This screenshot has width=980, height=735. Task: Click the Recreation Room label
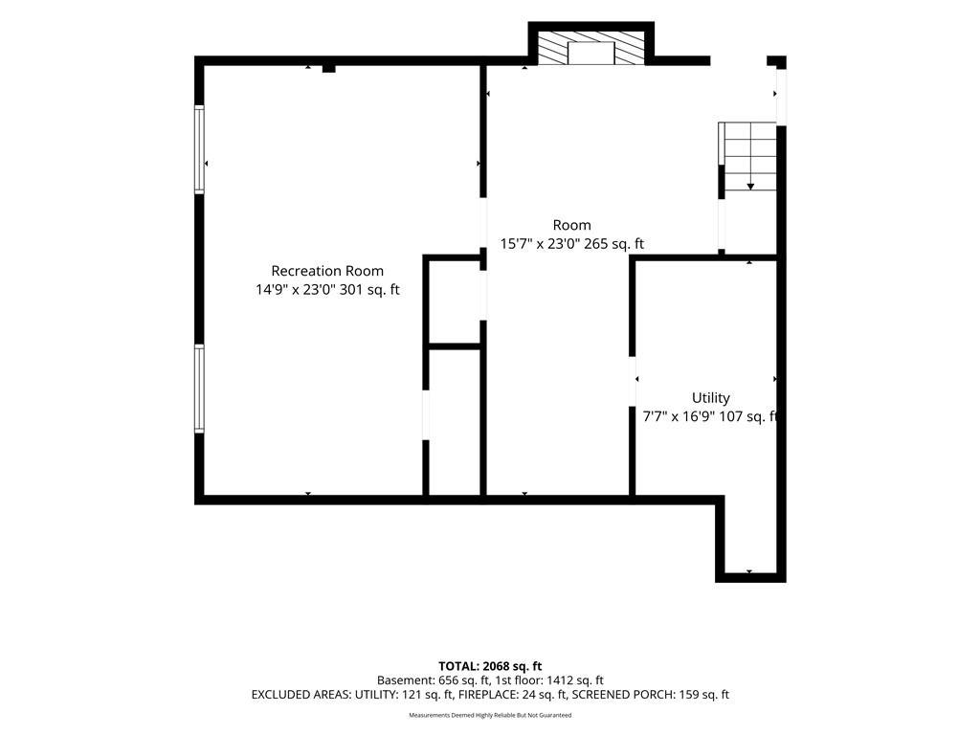[327, 271]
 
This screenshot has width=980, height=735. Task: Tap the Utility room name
[711, 398]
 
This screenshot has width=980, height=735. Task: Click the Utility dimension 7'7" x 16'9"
[679, 417]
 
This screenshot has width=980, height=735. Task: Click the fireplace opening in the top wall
[590, 54]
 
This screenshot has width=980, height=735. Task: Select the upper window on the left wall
[199, 149]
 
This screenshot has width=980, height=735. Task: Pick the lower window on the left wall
[199, 389]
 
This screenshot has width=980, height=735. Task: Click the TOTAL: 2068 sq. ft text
[490, 666]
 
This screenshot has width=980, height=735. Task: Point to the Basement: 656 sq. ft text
[433, 680]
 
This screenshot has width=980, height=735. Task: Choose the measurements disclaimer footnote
[490, 715]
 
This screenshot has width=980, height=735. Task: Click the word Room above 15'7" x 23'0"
[572, 225]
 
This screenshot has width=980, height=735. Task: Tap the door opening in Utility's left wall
[632, 379]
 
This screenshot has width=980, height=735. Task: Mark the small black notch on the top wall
[329, 68]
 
